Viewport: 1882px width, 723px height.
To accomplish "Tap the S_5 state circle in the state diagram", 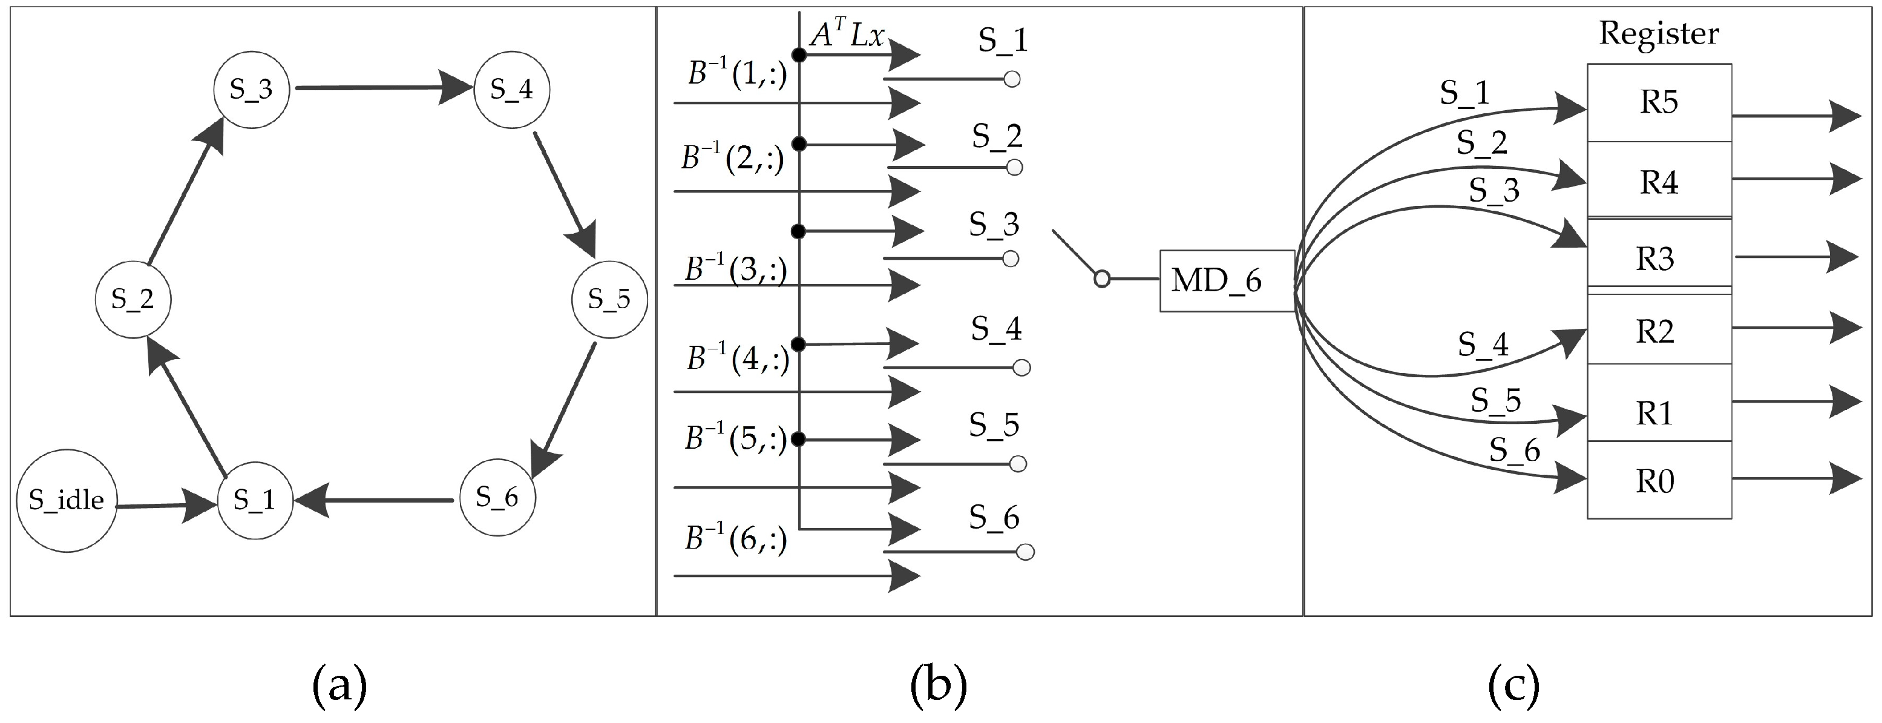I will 609,299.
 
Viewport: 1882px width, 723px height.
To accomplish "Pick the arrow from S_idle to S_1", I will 166,505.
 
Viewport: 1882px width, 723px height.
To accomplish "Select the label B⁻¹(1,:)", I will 737,74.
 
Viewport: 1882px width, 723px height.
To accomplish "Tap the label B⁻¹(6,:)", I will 736,539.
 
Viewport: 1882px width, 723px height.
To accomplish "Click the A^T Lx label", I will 847,35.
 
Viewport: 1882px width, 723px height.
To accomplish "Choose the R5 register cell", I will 1659,103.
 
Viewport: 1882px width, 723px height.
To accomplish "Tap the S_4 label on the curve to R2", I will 1483,343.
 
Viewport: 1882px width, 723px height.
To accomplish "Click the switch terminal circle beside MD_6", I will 1102,279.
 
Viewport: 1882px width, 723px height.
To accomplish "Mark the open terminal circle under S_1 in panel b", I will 1012,79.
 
